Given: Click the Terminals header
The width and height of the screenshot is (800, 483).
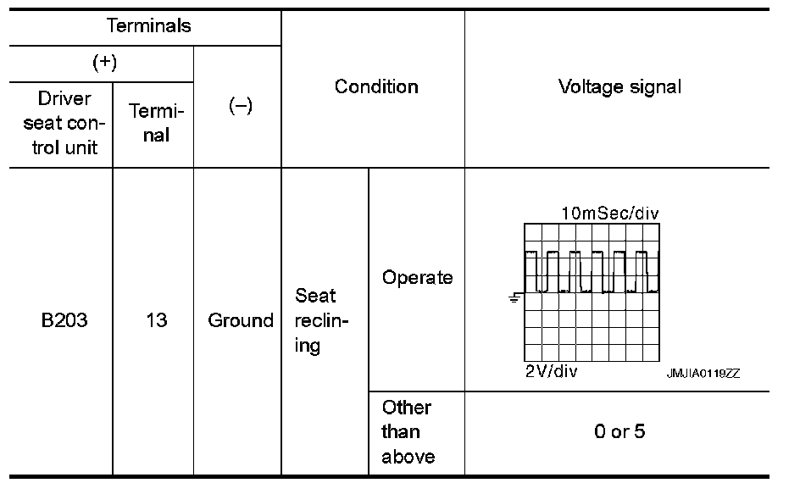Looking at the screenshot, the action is click(148, 25).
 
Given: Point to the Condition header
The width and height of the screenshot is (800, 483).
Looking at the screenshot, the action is click(376, 86).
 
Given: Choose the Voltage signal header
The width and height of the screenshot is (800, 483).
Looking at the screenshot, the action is click(619, 86).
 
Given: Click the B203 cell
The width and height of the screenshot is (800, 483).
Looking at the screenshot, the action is click(64, 321).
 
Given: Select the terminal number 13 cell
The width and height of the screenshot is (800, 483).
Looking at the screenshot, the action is click(155, 321).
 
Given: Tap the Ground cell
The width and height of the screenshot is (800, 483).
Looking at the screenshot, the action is click(241, 321).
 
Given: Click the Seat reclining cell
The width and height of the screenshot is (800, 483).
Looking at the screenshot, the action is click(316, 321).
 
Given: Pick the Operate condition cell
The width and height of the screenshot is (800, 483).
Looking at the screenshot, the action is click(417, 278).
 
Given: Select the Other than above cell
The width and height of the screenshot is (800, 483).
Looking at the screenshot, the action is click(407, 432).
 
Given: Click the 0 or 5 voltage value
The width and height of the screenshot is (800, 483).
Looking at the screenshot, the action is click(619, 432).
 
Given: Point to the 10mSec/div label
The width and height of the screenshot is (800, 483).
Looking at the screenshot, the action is click(609, 214).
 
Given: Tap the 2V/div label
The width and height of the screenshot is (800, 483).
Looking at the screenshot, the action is click(552, 372).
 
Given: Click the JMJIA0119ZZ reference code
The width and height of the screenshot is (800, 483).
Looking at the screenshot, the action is click(703, 374).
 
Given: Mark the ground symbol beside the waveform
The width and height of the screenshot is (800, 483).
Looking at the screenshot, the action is click(514, 297).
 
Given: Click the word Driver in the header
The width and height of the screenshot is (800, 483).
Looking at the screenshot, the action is click(64, 99).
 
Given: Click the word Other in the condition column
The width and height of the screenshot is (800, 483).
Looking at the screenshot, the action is click(407, 408).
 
